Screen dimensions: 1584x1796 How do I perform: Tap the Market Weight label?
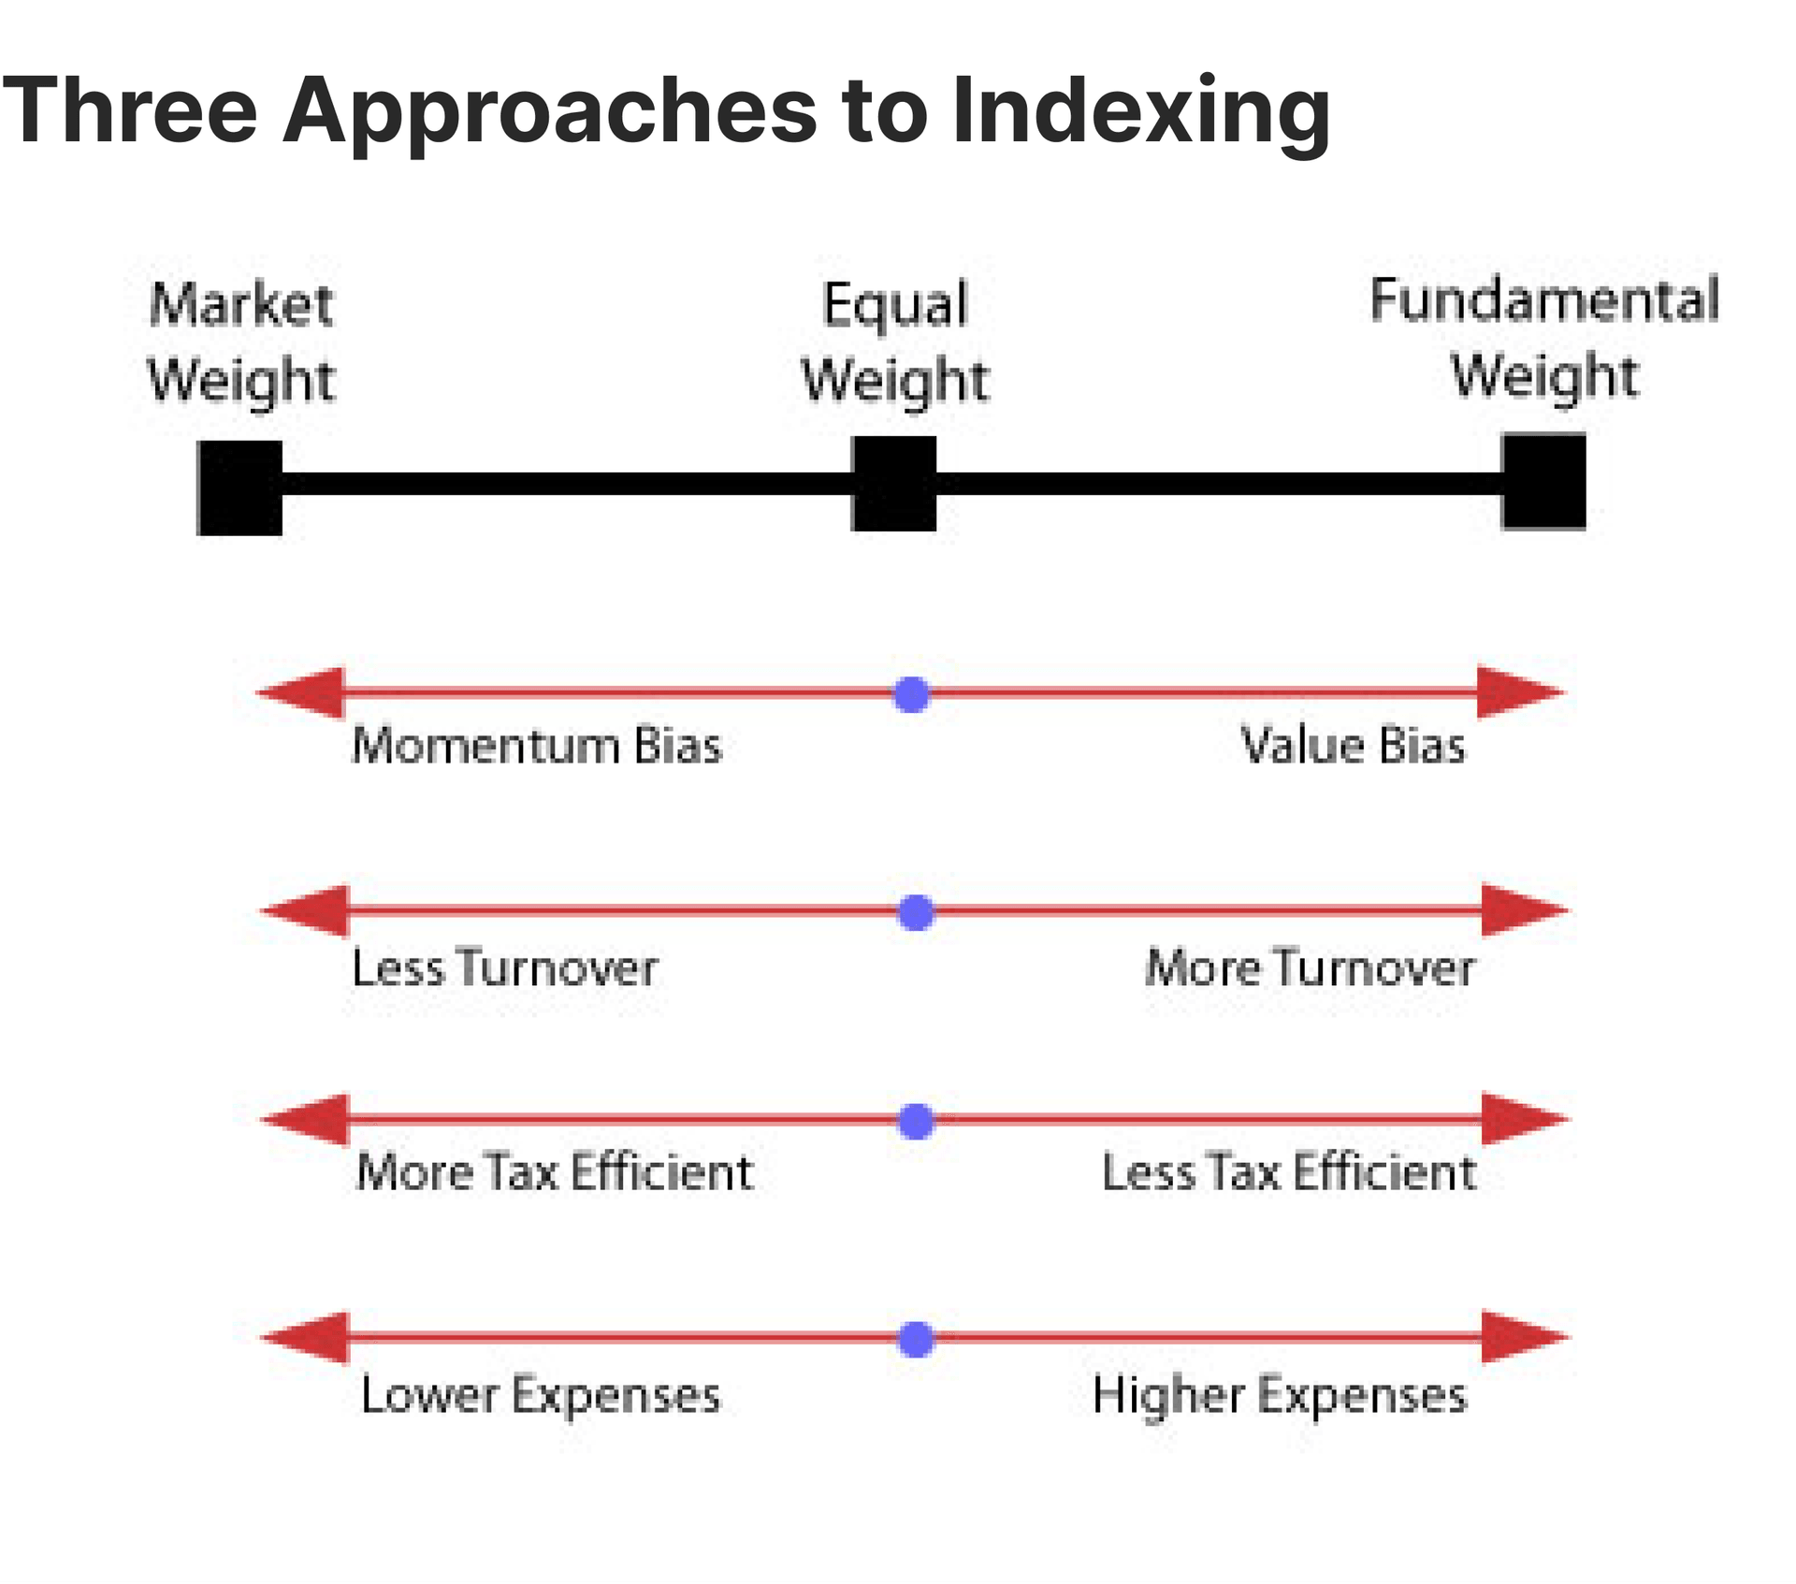[240, 342]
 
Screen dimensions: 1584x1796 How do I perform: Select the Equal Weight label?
[894, 342]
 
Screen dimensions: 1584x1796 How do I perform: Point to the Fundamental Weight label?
[1544, 338]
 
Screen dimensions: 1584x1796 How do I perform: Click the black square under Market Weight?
[239, 487]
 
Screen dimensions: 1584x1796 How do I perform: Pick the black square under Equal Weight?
[893, 484]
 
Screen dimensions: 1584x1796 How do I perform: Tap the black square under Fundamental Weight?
[1543, 481]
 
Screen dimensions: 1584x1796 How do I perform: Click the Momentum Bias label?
[537, 747]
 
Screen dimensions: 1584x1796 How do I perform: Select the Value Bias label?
[1353, 747]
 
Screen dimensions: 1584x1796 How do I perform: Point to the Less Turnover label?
[505, 967]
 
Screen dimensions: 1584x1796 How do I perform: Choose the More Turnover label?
[1310, 967]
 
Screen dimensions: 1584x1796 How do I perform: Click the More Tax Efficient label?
[555, 1172]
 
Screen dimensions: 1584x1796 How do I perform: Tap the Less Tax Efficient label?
[1289, 1172]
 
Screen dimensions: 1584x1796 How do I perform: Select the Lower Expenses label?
[541, 1395]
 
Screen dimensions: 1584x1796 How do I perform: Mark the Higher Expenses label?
[1280, 1395]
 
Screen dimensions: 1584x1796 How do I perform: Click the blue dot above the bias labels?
[912, 694]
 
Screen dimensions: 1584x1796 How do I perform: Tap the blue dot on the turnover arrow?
[916, 912]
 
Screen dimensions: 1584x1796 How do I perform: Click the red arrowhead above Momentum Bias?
[304, 693]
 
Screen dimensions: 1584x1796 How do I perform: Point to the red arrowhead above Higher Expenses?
[1523, 1337]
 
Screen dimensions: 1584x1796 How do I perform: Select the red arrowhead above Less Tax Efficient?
[1523, 1118]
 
